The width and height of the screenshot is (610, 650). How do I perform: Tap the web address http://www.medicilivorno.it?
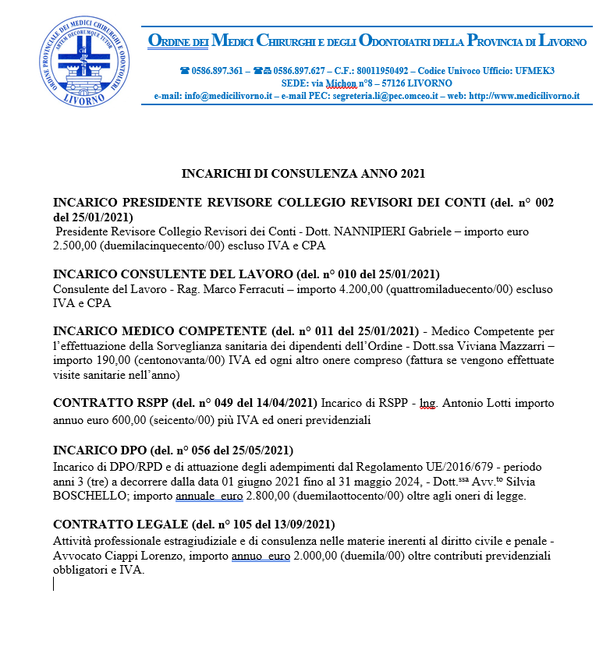[525, 96]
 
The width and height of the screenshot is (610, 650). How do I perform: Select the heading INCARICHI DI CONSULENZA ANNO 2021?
[303, 172]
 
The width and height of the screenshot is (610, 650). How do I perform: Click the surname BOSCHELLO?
[88, 495]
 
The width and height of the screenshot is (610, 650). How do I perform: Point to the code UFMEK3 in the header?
[534, 70]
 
